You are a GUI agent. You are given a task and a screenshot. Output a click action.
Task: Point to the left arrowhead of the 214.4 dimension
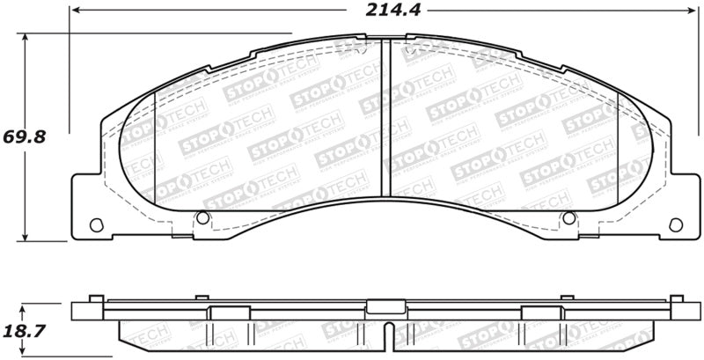[x=77, y=11]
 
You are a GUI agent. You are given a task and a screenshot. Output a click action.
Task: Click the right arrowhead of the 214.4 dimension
[x=686, y=11]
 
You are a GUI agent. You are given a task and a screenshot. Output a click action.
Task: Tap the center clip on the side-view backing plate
[x=381, y=307]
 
